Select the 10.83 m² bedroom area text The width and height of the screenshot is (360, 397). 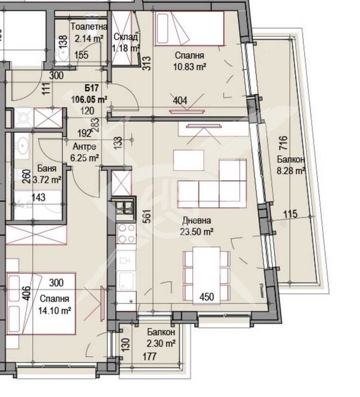[x=190, y=66]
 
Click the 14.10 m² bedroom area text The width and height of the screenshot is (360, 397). [x=55, y=310]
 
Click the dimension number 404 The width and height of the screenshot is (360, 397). [x=180, y=101]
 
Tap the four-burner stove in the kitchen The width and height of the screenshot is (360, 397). [x=126, y=233]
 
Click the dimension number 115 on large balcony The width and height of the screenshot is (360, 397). [x=290, y=214]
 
